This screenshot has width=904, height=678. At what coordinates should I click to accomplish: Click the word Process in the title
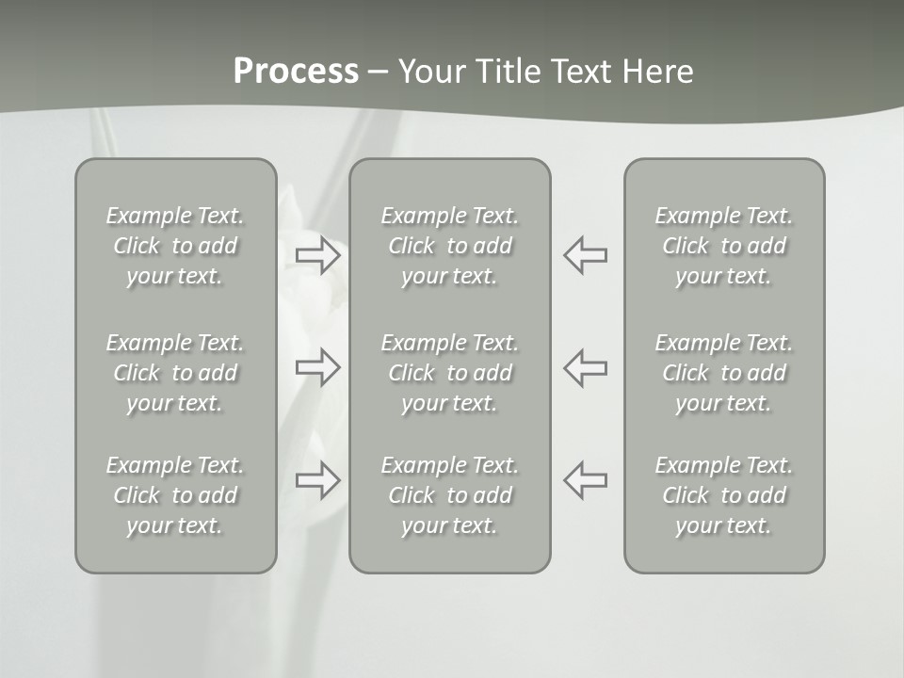click(296, 72)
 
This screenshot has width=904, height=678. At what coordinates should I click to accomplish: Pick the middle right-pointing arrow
click(318, 367)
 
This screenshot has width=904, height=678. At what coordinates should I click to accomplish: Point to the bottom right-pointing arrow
click(318, 480)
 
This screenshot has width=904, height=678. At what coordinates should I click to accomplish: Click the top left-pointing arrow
click(585, 255)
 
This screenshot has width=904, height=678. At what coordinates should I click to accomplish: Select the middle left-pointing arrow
click(585, 367)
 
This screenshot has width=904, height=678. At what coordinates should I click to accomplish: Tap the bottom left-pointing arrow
click(585, 480)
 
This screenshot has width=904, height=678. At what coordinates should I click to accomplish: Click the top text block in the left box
click(175, 246)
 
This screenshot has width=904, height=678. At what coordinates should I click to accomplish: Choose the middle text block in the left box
click(175, 373)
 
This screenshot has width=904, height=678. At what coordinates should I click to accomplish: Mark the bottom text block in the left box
click(175, 495)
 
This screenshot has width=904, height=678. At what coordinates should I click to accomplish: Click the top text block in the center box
click(450, 246)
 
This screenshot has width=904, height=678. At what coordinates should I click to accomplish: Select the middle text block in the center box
click(450, 373)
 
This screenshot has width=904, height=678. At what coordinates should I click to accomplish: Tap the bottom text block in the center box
click(450, 495)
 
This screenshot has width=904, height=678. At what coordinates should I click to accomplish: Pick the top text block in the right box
click(724, 246)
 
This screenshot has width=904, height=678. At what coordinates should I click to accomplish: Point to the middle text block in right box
click(724, 373)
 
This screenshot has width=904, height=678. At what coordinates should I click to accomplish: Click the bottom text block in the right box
click(724, 495)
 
